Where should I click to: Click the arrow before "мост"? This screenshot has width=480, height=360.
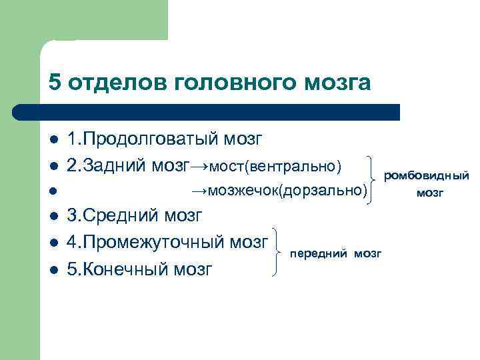199,165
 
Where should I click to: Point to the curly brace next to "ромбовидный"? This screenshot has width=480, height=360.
372,177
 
